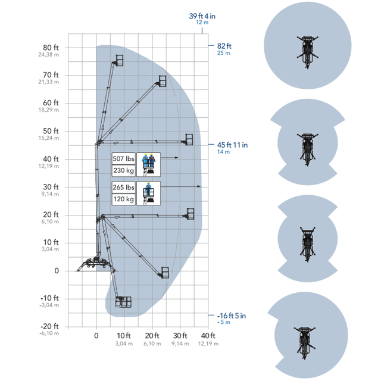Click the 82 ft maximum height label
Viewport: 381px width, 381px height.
224,46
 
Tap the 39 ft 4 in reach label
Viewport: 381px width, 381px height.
202,16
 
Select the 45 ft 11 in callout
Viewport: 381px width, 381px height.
232,145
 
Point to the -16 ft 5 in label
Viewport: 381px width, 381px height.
232,316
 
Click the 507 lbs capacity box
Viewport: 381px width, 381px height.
123,159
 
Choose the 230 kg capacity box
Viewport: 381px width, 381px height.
123,171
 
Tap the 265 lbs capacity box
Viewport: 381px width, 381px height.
123,188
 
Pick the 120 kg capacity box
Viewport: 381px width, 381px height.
123,199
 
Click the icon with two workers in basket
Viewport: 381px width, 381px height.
148,164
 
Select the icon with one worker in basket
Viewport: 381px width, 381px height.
148,193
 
